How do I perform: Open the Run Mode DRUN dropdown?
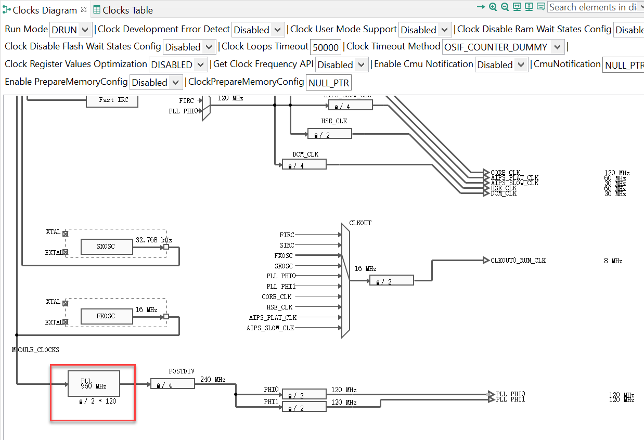(x=71, y=30)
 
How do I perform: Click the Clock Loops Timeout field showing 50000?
(x=326, y=47)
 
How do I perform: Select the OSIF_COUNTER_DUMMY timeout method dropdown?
(x=503, y=47)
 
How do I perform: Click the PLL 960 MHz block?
(x=94, y=384)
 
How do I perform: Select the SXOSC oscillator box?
(x=107, y=247)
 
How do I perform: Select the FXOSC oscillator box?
(x=107, y=316)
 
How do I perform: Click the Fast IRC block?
(x=111, y=99)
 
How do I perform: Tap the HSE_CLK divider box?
(x=329, y=134)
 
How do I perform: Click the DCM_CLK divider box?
(x=304, y=164)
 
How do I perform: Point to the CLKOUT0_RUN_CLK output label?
(x=518, y=261)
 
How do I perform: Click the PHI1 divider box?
(x=304, y=407)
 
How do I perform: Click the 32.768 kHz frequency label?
(x=153, y=240)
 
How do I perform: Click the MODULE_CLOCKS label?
(x=35, y=350)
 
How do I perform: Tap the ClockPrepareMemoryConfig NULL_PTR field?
(x=329, y=83)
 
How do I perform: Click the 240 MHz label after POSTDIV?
(x=212, y=380)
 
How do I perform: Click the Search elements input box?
(x=592, y=7)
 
